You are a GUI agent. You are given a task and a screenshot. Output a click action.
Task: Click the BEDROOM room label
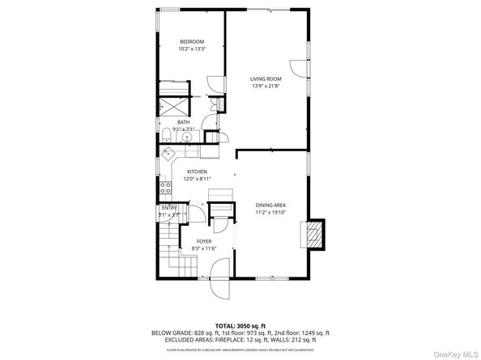coord(192,41)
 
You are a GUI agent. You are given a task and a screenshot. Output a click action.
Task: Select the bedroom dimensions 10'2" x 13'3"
coord(192,49)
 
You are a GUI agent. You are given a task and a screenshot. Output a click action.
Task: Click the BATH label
coord(184,121)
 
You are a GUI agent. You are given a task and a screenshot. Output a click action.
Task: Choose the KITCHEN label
coord(198,172)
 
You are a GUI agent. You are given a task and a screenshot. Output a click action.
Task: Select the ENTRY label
coord(169,208)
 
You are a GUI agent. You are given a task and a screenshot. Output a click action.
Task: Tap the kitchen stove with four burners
coord(165,188)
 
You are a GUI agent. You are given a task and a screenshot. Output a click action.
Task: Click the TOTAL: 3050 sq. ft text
coord(240,324)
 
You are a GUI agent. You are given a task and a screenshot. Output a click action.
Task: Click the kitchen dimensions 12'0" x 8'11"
coord(198,179)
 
